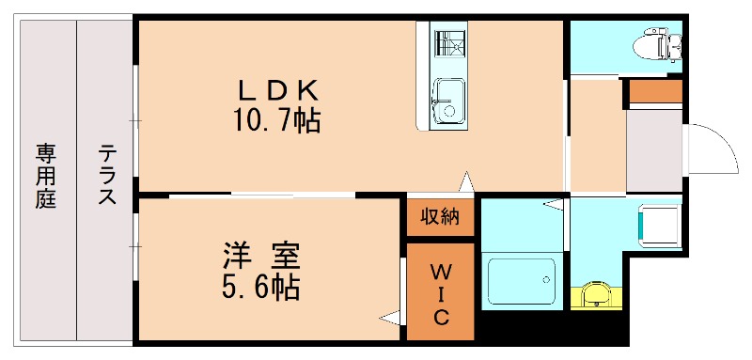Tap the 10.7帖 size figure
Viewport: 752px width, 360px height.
[x=277, y=120]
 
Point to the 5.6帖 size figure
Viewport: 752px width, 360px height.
[x=260, y=287]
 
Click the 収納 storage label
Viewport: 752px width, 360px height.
[x=440, y=217]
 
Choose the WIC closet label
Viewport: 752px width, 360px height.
[x=440, y=293]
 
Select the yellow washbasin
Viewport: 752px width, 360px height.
[x=595, y=295]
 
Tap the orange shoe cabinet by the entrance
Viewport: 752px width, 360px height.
[x=655, y=92]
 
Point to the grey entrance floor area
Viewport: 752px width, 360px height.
[x=655, y=150]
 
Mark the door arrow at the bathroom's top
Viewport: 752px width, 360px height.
[x=554, y=203]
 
